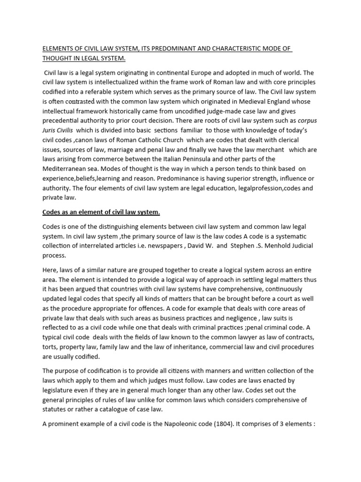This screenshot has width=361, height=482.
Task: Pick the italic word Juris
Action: [52, 130]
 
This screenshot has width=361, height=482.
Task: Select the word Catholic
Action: [165, 140]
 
